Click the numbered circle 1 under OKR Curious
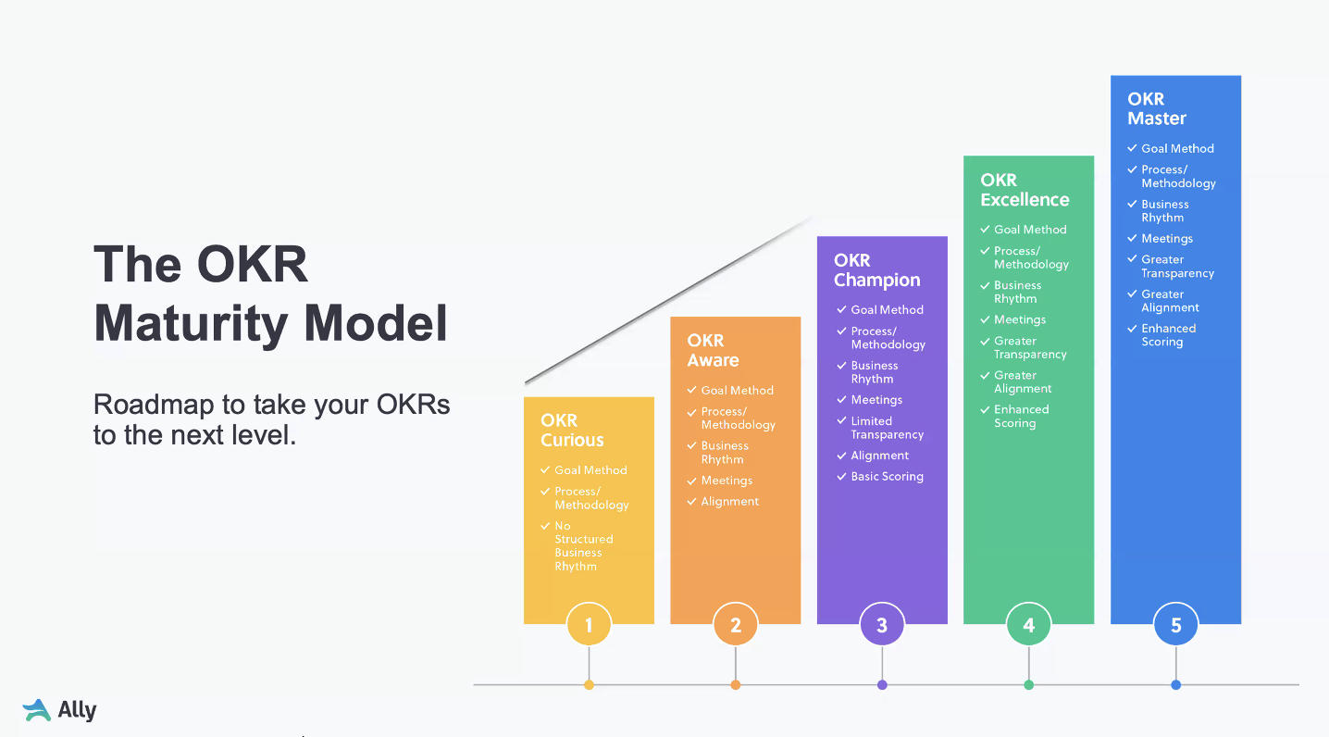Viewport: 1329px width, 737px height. coord(589,625)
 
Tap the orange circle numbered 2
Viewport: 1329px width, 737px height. coord(736,625)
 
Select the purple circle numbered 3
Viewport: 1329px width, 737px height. coord(882,625)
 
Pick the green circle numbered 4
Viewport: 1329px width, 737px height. coord(1028,625)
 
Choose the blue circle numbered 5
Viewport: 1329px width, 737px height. coord(1175,625)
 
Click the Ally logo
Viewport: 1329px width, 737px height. coord(60,710)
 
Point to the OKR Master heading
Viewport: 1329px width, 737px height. coord(1157,108)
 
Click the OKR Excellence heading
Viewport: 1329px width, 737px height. coord(1025,190)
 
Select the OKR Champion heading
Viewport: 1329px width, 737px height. coord(876,270)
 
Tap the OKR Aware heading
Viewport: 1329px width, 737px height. coord(713,350)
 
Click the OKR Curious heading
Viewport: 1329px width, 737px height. coord(572,431)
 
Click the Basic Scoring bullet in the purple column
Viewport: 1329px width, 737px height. coord(887,477)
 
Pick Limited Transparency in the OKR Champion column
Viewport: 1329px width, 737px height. coord(887,428)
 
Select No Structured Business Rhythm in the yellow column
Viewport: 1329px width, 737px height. coord(583,546)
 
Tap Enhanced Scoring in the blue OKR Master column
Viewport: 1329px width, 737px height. coord(1168,335)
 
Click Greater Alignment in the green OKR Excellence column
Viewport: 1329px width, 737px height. coord(1022,382)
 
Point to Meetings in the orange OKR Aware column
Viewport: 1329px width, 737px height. coord(727,481)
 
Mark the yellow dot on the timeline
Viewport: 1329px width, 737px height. coord(589,685)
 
